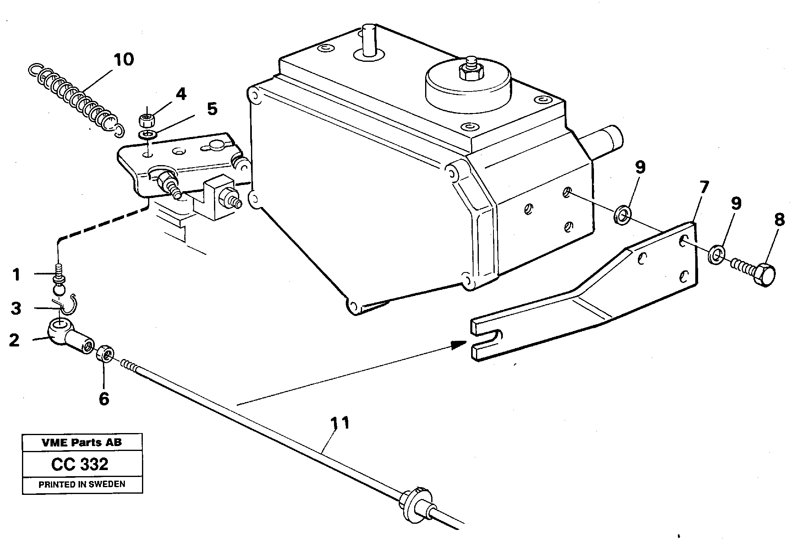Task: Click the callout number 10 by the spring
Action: click(124, 60)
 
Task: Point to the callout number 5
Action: click(212, 109)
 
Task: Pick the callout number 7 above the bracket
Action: click(703, 188)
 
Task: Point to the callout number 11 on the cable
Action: click(340, 423)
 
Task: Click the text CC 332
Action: click(80, 464)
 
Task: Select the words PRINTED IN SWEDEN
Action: click(82, 485)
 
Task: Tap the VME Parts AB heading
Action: click(81, 442)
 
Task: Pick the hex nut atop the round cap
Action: click(471, 72)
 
